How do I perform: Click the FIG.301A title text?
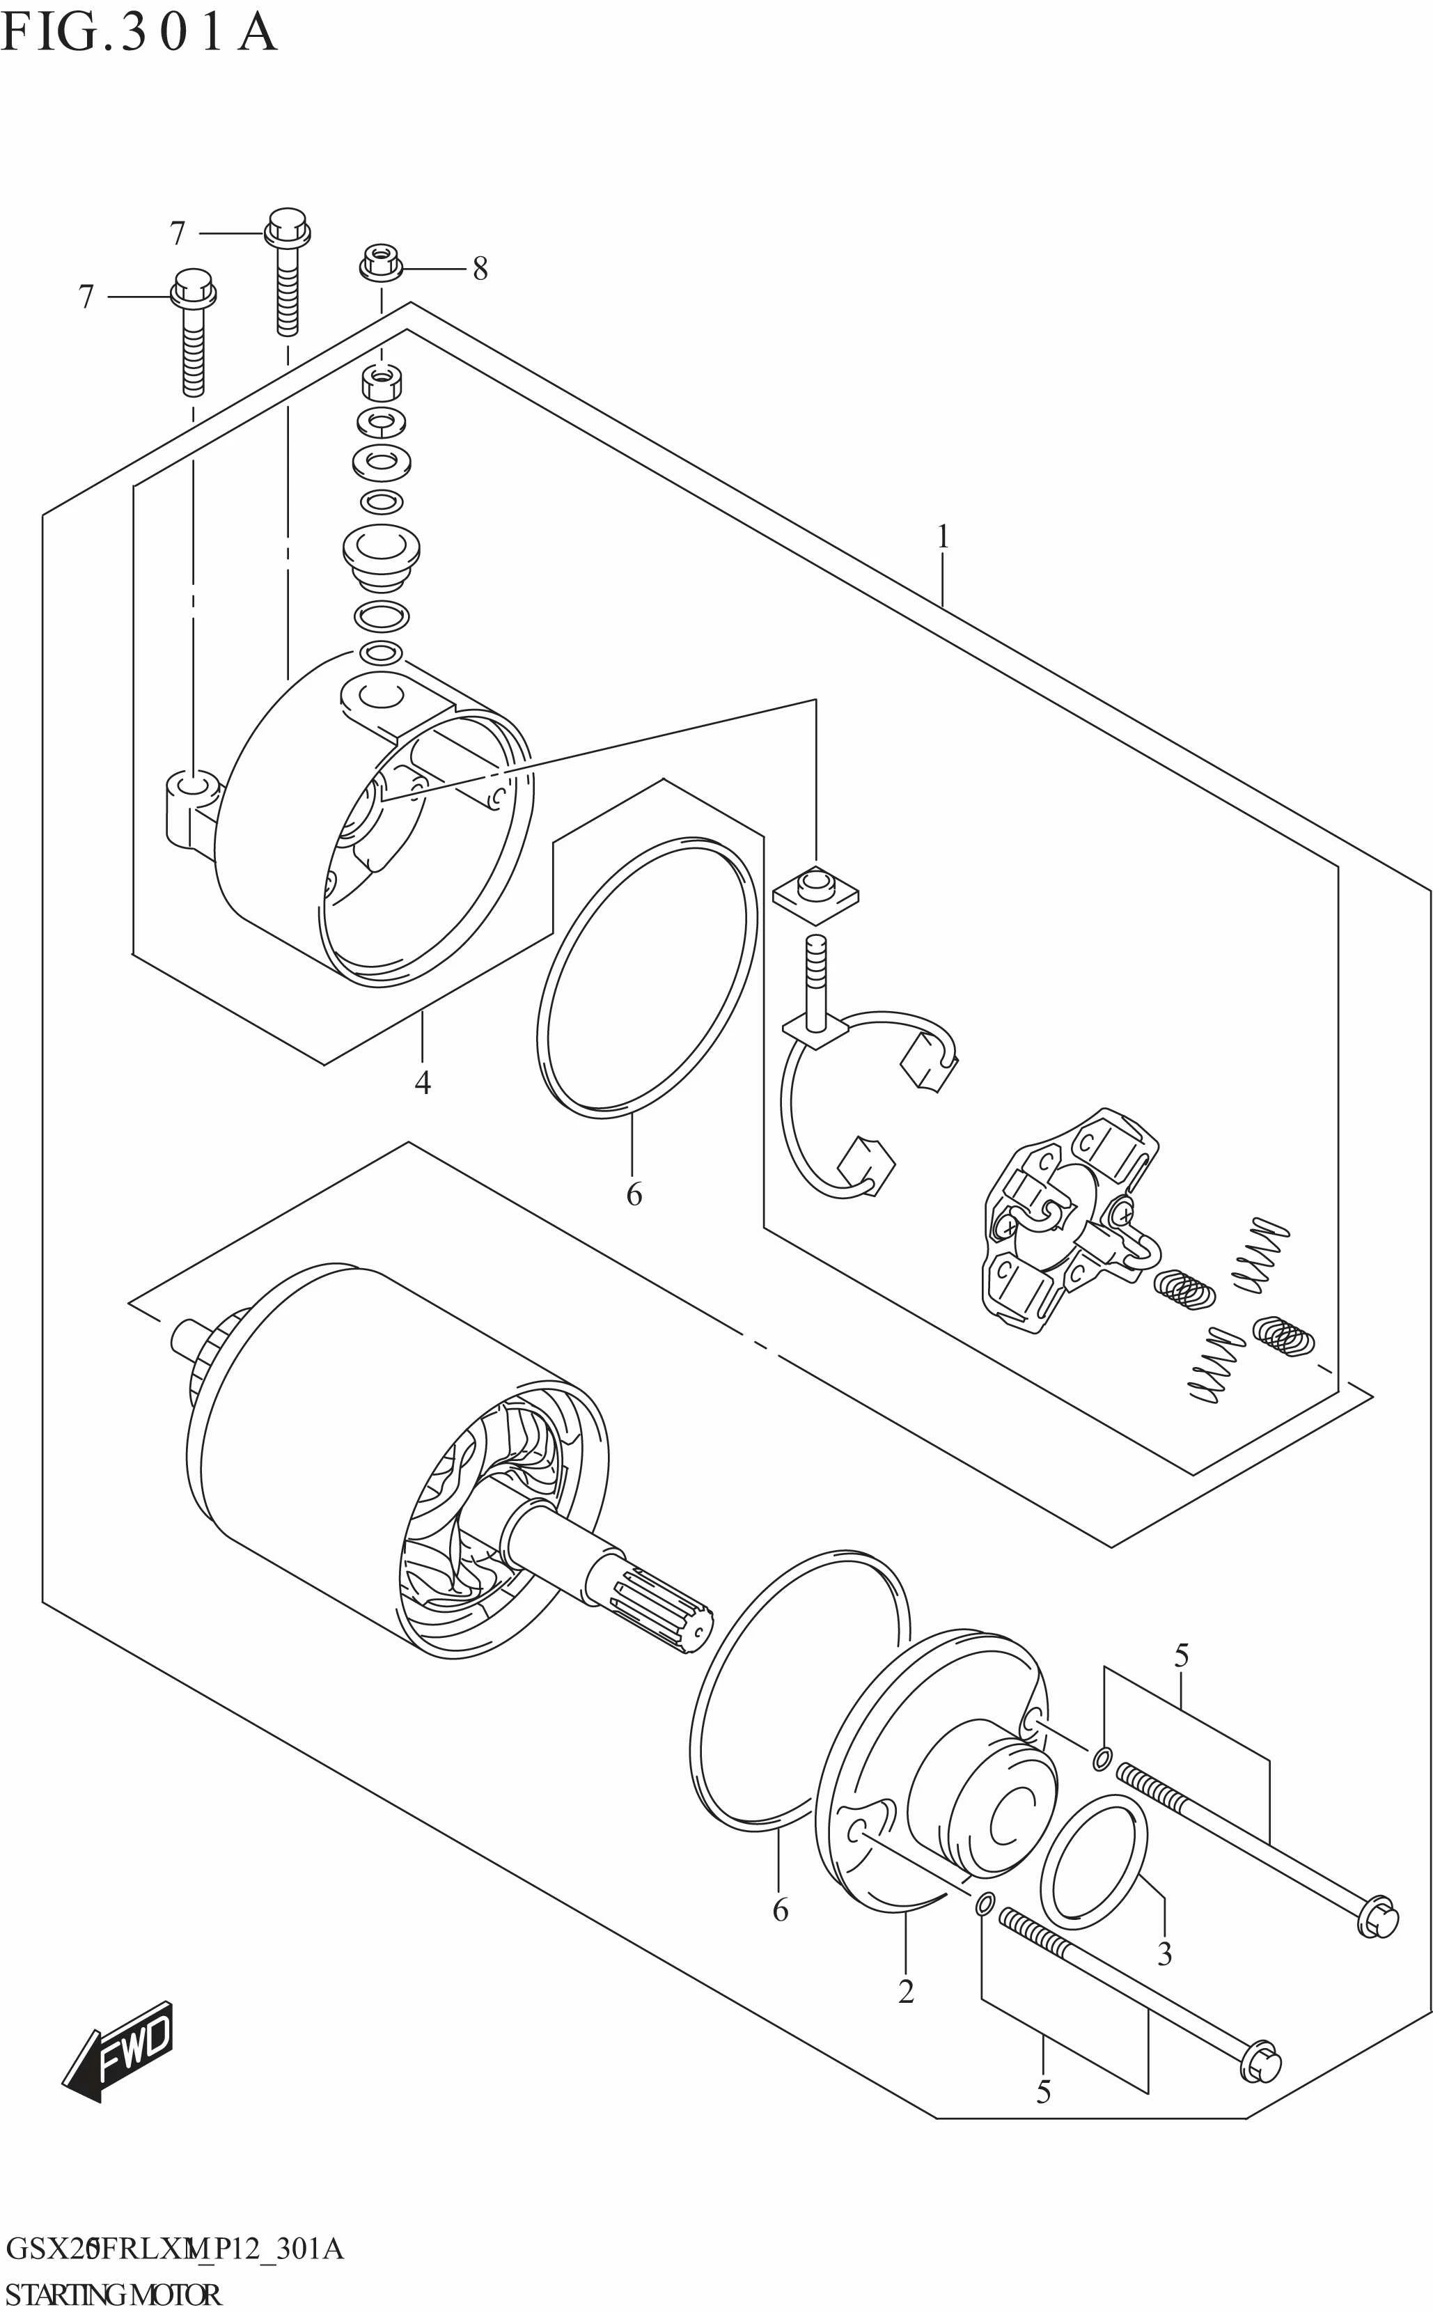(139, 33)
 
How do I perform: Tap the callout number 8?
(480, 270)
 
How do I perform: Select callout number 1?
(942, 538)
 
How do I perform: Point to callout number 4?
(423, 1081)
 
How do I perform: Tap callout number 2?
(906, 1992)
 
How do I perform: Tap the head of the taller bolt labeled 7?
(287, 228)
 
